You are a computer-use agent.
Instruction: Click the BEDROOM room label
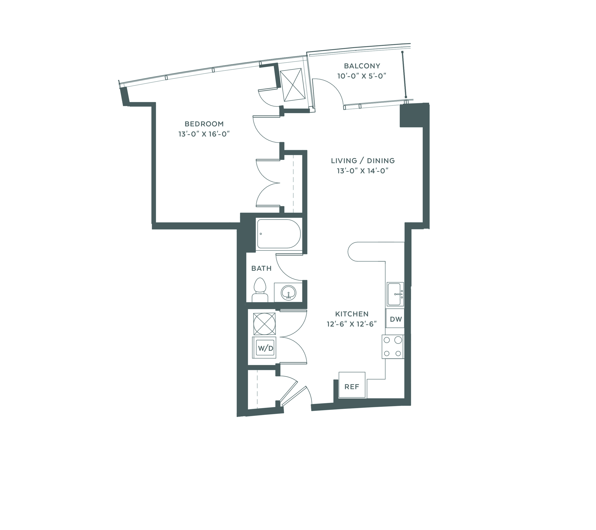(204, 124)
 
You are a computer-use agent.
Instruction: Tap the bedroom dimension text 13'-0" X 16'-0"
(204, 134)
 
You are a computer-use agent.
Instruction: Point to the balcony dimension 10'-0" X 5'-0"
(362, 76)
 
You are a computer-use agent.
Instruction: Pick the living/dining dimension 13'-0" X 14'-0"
(363, 171)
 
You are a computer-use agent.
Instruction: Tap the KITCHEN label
(352, 314)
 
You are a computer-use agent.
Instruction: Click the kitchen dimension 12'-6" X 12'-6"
(352, 324)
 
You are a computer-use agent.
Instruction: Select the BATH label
(261, 269)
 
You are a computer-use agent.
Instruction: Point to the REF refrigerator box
(352, 385)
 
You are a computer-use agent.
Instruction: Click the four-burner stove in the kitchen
(392, 347)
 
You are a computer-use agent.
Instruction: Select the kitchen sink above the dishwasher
(395, 294)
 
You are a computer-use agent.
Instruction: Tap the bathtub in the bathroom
(278, 234)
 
